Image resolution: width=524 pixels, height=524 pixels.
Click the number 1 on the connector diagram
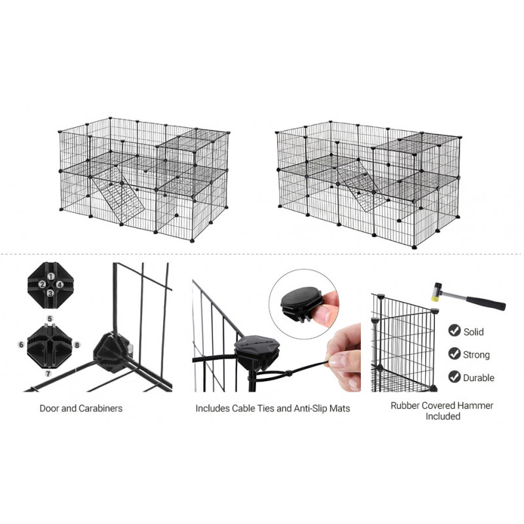[x=51, y=276]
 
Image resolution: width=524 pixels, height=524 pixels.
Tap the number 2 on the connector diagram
[x=42, y=284]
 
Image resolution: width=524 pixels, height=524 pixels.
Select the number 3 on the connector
[x=50, y=293]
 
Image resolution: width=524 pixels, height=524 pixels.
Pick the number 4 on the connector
[x=60, y=285]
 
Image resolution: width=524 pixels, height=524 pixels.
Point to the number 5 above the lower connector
[x=50, y=319]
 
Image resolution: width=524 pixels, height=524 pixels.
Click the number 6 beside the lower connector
[x=22, y=345]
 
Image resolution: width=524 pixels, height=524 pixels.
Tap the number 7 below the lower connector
[x=48, y=373]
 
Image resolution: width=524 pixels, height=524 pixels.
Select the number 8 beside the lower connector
[x=77, y=345]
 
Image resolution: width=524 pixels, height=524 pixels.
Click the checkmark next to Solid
[x=454, y=330]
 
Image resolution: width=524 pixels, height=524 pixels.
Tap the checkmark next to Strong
[x=454, y=354]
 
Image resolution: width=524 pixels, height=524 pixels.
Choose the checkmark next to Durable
[x=454, y=377]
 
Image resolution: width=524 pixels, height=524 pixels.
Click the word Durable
[x=479, y=378]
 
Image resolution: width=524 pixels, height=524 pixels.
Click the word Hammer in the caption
[x=477, y=405]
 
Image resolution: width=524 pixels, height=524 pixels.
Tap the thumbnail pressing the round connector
[x=322, y=314]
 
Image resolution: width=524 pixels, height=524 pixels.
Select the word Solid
[x=474, y=332]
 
